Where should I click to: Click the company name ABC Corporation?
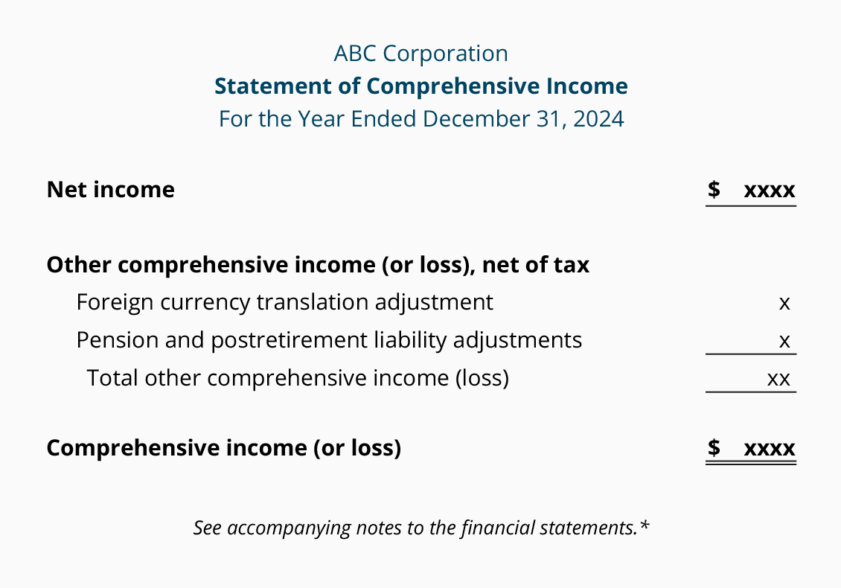[x=420, y=54]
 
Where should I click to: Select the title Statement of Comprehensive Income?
[x=420, y=86]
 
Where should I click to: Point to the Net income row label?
[x=110, y=190]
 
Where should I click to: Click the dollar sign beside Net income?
[x=714, y=190]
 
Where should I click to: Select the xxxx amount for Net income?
[x=770, y=191]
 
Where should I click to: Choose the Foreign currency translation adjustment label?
[x=284, y=302]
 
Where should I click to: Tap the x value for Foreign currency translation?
[x=784, y=304]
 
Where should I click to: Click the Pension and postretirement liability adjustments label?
[x=329, y=340]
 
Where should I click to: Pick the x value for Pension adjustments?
[x=784, y=342]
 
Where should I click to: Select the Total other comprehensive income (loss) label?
[x=298, y=378]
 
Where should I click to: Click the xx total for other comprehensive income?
[x=778, y=379]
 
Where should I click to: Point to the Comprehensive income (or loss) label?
[x=223, y=448]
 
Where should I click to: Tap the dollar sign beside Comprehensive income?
[x=714, y=448]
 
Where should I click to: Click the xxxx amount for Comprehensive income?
[x=770, y=449]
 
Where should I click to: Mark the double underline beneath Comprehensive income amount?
[x=751, y=463]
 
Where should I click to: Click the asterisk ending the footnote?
[x=645, y=526]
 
